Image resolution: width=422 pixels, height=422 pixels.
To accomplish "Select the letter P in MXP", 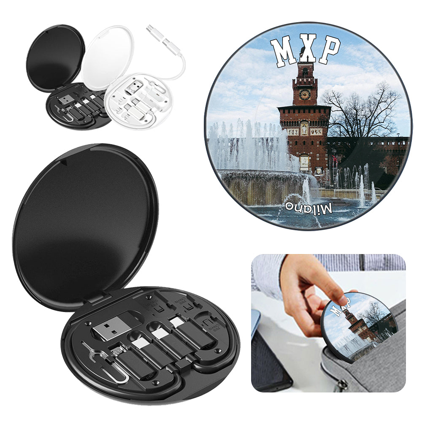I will tap(330, 50).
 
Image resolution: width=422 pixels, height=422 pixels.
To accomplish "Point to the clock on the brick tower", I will tap(304, 94).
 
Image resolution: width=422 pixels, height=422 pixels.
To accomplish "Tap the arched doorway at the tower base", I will tap(304, 163).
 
